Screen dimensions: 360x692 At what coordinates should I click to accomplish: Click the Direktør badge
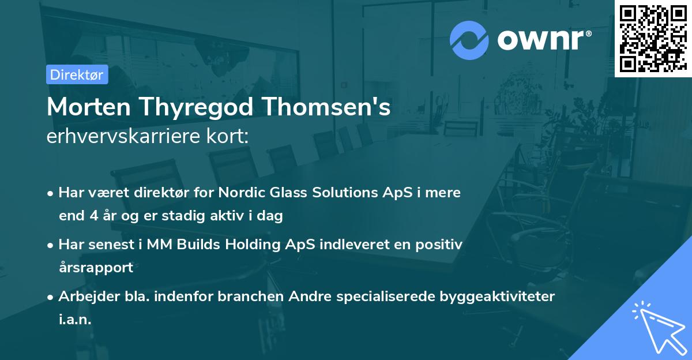tap(77, 74)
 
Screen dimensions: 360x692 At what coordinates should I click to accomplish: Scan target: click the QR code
tap(653, 38)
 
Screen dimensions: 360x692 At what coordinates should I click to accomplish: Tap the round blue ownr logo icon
tap(469, 40)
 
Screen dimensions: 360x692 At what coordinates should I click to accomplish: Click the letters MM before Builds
tap(160, 244)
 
